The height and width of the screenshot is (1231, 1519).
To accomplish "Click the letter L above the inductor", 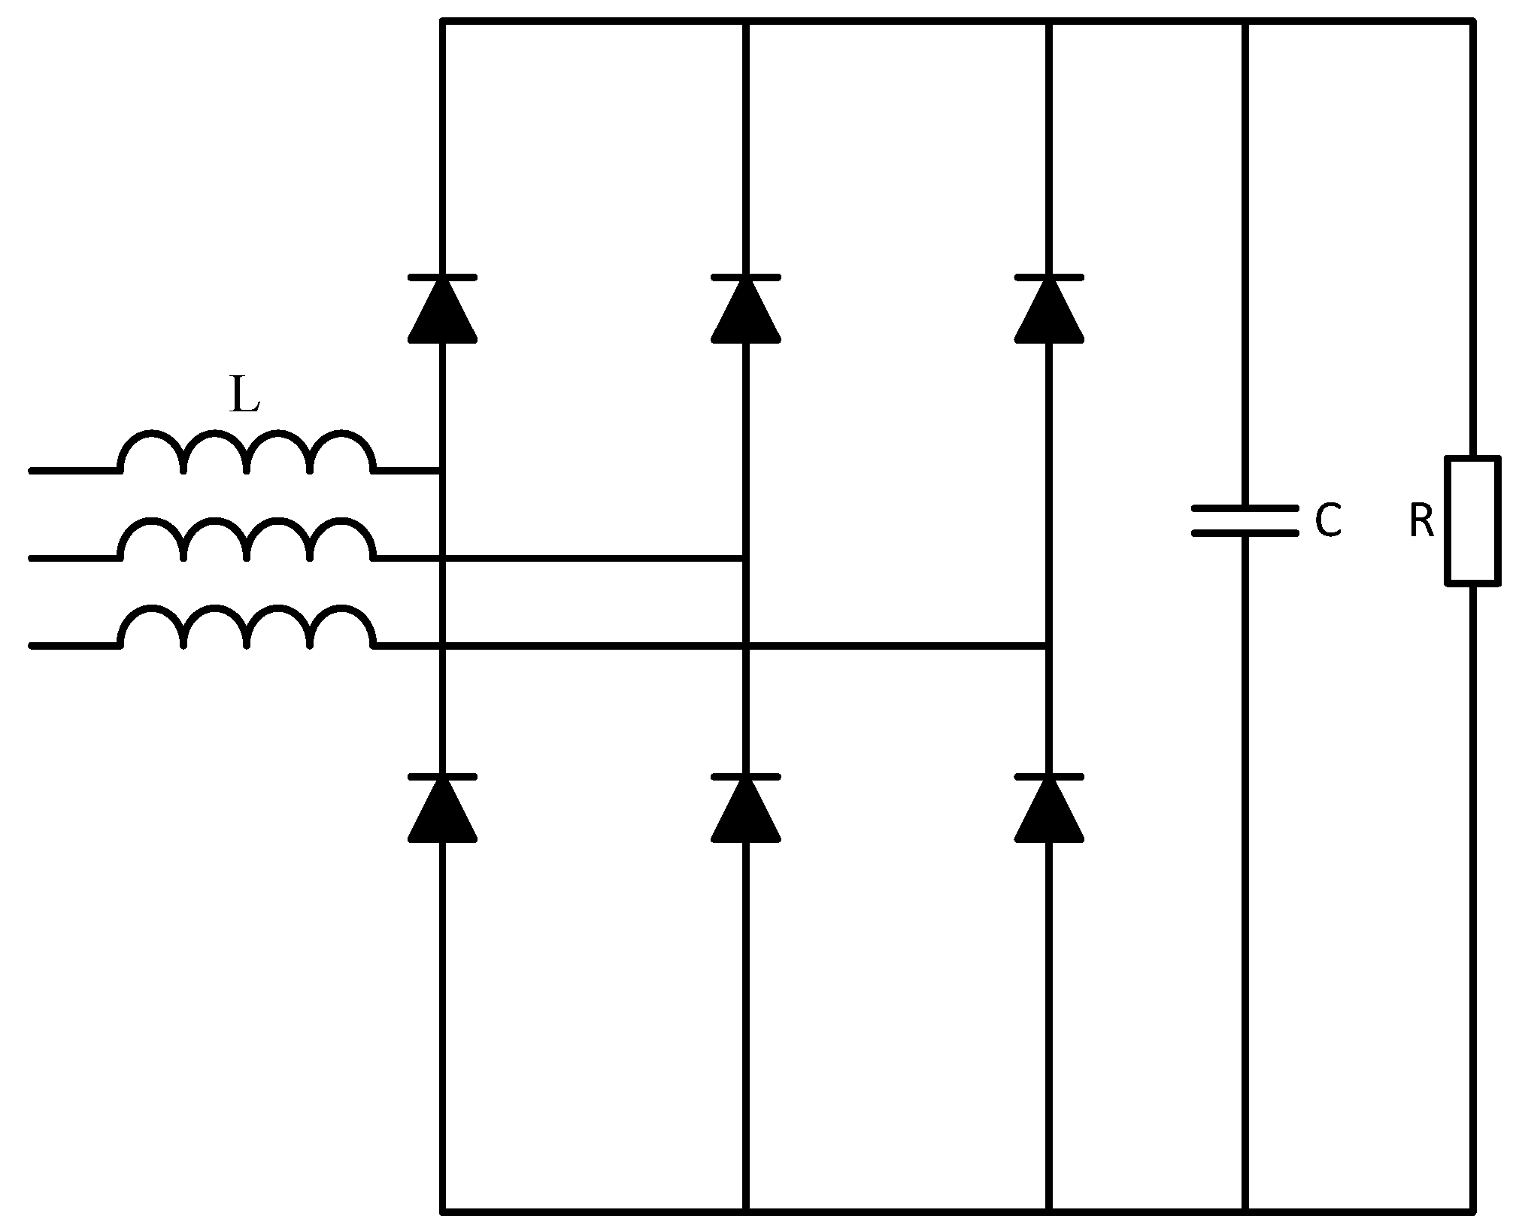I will point(244,396).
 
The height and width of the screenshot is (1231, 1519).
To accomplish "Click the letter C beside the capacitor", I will point(1328,520).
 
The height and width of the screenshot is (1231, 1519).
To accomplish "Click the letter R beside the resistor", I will point(1421,521).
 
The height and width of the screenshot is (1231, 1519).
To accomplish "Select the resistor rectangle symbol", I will point(1472,520).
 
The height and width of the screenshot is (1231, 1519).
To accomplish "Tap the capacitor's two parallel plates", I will point(1245,520).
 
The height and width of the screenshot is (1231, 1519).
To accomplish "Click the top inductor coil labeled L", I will point(247,453).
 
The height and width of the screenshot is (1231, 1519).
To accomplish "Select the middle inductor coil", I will point(247,540).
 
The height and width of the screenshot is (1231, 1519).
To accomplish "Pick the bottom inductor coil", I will point(247,626).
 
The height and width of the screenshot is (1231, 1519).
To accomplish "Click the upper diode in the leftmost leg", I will point(442,309).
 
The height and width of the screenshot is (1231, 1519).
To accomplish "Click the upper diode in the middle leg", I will point(745,309).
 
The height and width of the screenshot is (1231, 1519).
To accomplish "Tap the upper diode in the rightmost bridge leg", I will point(1049,309).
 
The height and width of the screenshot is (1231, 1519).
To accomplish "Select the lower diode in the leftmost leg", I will point(442,808).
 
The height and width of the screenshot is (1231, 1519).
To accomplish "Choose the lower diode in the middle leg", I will point(745,808).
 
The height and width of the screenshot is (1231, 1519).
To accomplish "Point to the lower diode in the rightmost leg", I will point(1049,808).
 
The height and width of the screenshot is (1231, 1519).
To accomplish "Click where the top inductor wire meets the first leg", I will point(442,471).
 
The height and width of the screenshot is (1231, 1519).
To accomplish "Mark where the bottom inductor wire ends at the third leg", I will point(1049,645).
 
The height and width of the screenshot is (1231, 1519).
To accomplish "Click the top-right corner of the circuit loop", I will point(1472,23).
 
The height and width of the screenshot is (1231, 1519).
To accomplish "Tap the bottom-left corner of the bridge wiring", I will point(442,1211).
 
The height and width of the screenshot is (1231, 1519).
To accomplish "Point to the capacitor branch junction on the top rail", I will point(1245,23).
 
